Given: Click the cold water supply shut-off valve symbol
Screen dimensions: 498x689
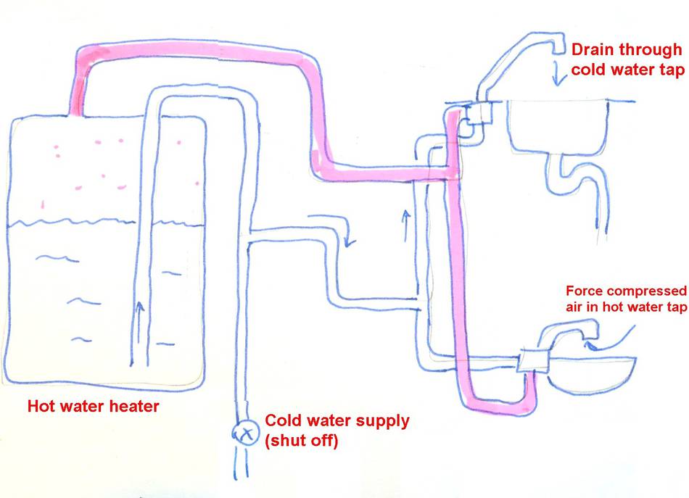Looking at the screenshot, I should pos(245,433).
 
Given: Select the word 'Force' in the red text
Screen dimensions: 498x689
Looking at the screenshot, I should pos(583,291).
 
